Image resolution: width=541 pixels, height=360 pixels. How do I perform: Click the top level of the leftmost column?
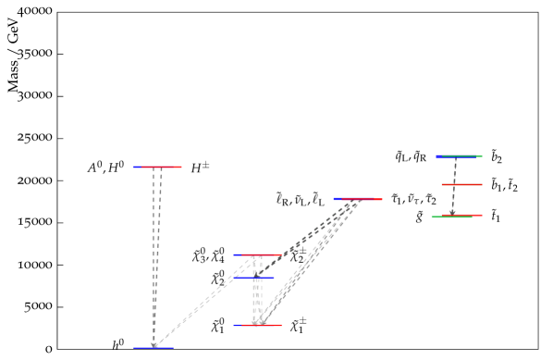click(x=158, y=167)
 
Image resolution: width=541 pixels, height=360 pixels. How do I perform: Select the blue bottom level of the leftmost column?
click(x=153, y=348)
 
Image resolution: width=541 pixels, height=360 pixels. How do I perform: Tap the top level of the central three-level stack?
click(x=258, y=254)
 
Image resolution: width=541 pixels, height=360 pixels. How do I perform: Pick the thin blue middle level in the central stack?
click(x=254, y=278)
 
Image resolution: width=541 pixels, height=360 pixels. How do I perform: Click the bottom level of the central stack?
click(x=258, y=325)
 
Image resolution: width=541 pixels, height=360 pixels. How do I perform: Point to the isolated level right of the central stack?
click(x=358, y=199)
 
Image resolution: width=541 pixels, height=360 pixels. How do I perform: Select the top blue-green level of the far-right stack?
click(x=459, y=156)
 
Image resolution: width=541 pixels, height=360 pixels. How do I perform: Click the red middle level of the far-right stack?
click(x=461, y=184)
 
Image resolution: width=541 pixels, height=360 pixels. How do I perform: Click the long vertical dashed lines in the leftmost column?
click(x=156, y=250)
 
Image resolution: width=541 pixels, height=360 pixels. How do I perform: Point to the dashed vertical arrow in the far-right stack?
click(x=454, y=185)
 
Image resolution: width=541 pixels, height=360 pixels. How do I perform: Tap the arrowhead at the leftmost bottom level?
click(x=154, y=345)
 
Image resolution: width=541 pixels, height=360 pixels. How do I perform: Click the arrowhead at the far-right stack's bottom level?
click(x=452, y=213)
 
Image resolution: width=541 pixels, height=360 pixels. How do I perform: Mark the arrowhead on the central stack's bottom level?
click(x=258, y=322)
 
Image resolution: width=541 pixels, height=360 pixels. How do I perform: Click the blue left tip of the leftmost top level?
click(x=136, y=167)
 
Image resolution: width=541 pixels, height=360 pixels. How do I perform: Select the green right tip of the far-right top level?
click(x=479, y=156)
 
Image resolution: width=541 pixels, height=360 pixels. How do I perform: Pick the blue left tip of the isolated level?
click(x=337, y=199)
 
